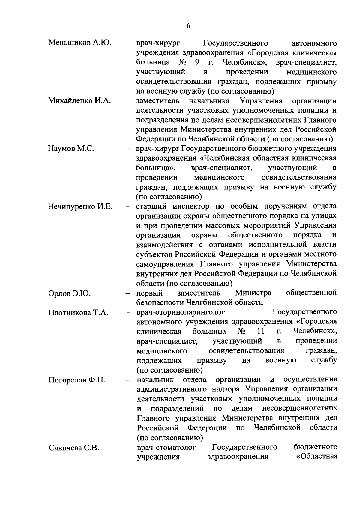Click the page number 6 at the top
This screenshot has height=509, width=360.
188,26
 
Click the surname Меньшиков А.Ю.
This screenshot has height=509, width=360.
80,43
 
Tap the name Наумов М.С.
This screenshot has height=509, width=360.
71,149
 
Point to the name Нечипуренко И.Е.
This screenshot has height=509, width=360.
80,207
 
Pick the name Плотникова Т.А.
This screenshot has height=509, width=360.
78,313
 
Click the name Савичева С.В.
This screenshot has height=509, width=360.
74,448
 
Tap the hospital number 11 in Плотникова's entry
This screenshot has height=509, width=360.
260,332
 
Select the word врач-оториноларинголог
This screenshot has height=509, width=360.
181,312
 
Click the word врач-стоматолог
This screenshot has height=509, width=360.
166,448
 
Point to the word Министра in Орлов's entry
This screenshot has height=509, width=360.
253,293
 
